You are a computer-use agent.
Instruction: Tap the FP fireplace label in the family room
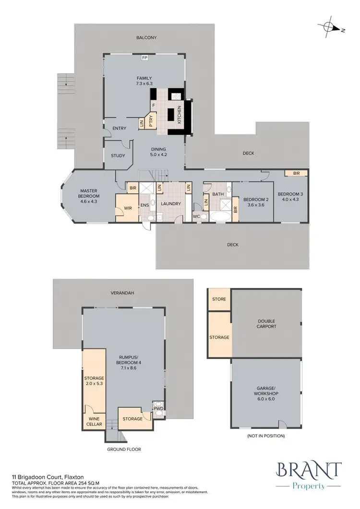click(x=144, y=59)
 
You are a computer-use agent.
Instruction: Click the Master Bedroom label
click(x=89, y=193)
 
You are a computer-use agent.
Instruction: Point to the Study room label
click(x=118, y=155)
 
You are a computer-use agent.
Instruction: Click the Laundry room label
click(x=171, y=204)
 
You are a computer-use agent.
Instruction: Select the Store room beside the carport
click(x=219, y=299)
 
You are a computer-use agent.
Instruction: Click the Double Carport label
click(x=266, y=324)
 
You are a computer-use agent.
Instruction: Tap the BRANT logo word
click(x=309, y=470)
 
